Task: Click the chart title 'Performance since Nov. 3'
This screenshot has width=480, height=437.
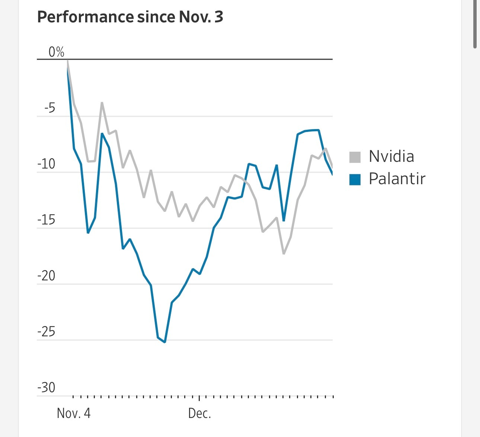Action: click(x=130, y=17)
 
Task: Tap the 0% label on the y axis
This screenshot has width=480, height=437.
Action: click(x=57, y=52)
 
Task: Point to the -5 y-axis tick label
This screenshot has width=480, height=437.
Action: click(x=49, y=108)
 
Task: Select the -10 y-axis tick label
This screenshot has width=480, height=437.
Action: click(x=47, y=164)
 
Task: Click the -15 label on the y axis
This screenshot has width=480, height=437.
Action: click(x=47, y=220)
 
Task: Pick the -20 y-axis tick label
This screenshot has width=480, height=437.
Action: click(x=47, y=276)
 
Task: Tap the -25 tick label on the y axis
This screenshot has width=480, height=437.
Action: click(x=47, y=332)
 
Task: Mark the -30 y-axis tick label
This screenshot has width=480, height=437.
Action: click(x=47, y=388)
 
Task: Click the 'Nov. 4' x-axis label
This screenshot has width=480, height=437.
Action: click(x=74, y=413)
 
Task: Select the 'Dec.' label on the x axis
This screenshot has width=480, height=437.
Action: click(x=199, y=413)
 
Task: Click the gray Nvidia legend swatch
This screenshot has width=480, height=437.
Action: click(x=355, y=157)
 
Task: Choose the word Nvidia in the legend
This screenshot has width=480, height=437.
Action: click(x=391, y=157)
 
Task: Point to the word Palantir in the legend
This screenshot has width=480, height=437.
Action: click(x=397, y=179)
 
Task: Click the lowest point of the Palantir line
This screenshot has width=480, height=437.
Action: click(x=165, y=342)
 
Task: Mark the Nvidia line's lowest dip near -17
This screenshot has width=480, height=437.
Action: click(x=284, y=254)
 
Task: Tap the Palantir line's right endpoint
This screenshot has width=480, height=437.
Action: click(x=332, y=174)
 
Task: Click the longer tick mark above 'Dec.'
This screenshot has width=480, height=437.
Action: click(x=199, y=398)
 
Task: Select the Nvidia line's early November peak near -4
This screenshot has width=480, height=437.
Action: click(x=102, y=103)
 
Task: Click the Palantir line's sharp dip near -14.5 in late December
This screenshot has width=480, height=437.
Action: click(x=284, y=221)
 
